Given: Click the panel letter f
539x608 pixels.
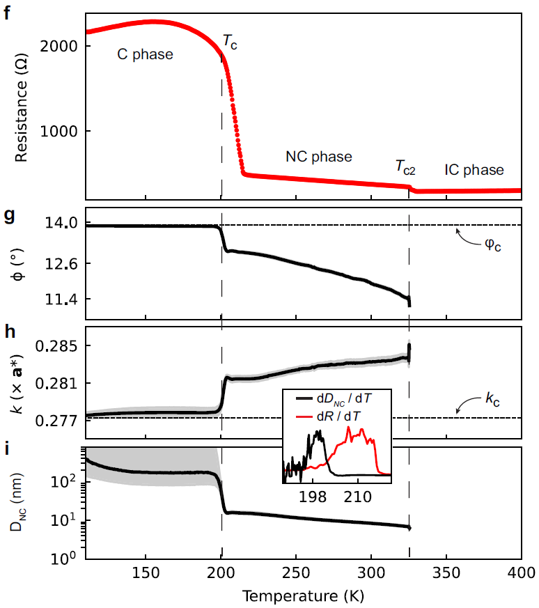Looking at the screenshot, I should pyautogui.click(x=6, y=13).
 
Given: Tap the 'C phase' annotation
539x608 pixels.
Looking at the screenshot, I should pyautogui.click(x=144, y=55).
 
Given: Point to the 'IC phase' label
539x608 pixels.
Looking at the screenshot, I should pyautogui.click(x=474, y=170).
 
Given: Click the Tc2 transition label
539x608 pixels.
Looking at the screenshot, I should pyautogui.click(x=407, y=166).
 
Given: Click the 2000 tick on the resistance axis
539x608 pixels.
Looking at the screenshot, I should pyautogui.click(x=63, y=46).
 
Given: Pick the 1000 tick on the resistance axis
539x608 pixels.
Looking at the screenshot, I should pyautogui.click(x=63, y=131).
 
